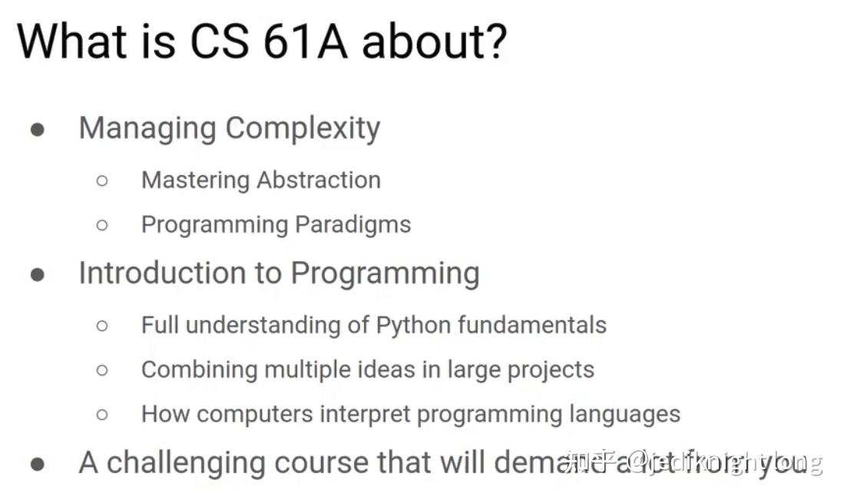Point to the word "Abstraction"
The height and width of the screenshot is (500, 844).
pyautogui.click(x=319, y=180)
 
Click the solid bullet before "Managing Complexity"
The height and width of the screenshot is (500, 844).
pyautogui.click(x=37, y=130)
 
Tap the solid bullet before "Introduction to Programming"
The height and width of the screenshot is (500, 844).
pyautogui.click(x=37, y=274)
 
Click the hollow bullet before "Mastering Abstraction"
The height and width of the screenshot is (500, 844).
pyautogui.click(x=102, y=180)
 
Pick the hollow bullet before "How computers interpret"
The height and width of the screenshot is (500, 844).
pyautogui.click(x=102, y=415)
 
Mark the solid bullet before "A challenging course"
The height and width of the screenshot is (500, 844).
pyautogui.click(x=37, y=464)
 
